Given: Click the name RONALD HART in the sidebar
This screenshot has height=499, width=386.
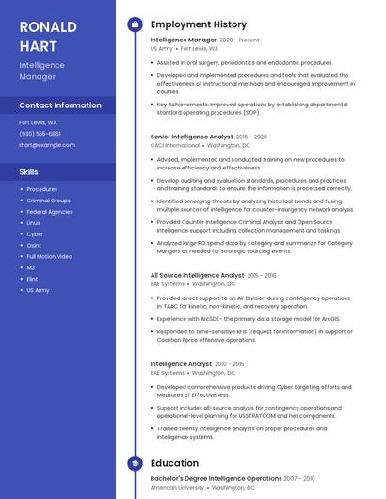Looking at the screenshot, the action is point(48,36).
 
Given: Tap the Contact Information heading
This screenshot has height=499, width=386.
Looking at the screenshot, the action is point(60,105).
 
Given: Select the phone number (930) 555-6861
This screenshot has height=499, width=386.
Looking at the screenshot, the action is point(40,134).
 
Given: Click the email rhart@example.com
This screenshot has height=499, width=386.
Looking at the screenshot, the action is point(47,145).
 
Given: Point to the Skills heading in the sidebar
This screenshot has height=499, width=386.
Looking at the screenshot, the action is point(29,172).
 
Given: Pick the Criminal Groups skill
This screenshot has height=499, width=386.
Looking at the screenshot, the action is point(48,201).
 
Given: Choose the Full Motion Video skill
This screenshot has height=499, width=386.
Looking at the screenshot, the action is point(49,256).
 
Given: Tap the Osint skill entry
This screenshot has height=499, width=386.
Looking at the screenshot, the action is point(34,245).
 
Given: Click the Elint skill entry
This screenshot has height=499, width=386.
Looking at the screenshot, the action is point(32,279).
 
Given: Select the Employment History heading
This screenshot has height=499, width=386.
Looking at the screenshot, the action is point(199,24).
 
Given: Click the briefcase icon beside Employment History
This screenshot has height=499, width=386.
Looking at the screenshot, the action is point(135,24).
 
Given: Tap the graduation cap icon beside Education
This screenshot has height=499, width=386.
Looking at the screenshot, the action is point(135,463).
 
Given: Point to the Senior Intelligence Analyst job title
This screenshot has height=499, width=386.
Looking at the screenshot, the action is point(191,137).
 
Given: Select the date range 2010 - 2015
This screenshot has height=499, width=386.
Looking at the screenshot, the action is point(229,363).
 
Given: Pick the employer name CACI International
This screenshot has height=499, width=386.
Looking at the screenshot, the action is point(175,146).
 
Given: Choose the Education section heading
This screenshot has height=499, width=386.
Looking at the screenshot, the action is point(174,463).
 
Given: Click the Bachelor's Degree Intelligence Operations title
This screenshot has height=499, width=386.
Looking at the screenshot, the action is point(216,478).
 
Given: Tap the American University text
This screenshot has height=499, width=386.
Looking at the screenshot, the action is point(176,488).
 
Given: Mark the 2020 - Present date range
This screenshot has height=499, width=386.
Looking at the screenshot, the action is point(239,40).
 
